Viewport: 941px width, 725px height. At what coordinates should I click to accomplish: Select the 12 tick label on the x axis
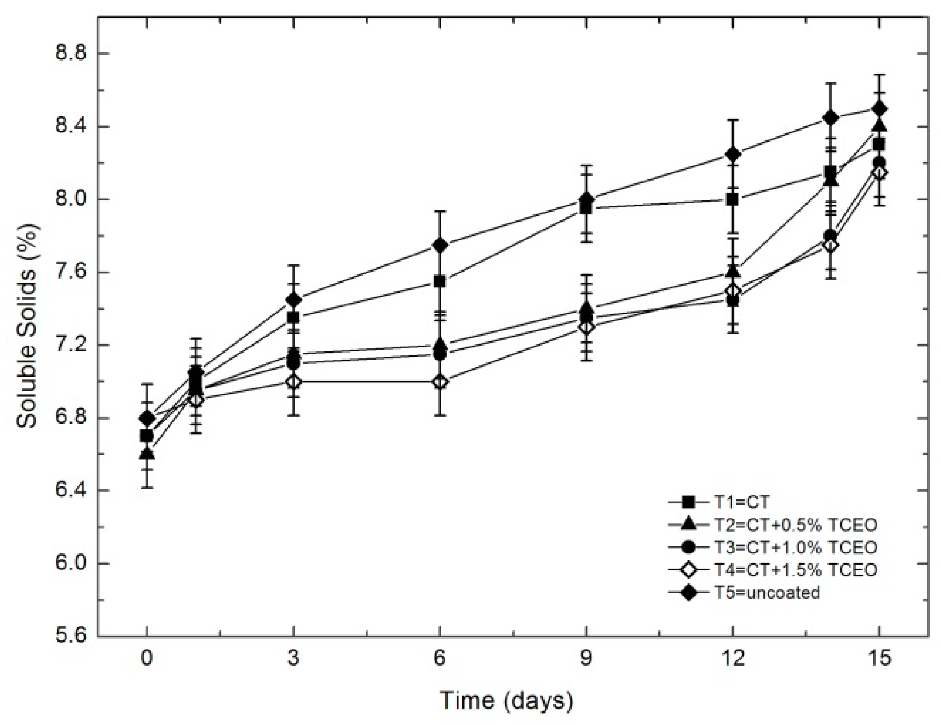pos(732,659)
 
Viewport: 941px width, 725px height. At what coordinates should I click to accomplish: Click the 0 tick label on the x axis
pos(147,659)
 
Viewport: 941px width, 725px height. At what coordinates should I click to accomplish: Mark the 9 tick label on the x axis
pos(586,659)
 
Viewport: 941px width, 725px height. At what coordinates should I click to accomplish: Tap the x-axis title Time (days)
pos(506,700)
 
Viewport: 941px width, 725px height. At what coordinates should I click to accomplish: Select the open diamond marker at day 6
pos(440,382)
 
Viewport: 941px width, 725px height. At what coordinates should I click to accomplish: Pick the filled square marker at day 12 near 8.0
pos(732,199)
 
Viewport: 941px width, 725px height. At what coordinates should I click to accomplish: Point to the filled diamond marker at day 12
pos(732,154)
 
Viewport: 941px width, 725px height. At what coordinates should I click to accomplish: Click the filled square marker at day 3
pos(294,318)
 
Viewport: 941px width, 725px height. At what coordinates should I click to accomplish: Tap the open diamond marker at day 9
pos(586,327)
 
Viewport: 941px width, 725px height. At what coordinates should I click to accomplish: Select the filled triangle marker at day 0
pos(147,453)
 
